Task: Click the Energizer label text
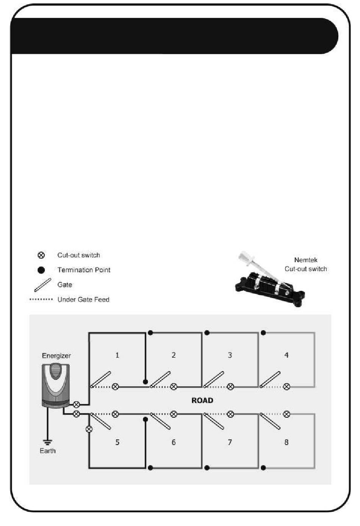click(56, 355)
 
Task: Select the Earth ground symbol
click(47, 441)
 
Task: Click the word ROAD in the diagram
click(202, 401)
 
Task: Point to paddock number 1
click(117, 355)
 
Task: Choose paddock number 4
click(286, 355)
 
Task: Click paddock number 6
click(174, 442)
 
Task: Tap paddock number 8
click(286, 442)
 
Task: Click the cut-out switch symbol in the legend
click(41, 255)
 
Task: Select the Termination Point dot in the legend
click(41, 270)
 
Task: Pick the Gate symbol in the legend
click(42, 285)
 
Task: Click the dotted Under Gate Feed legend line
click(41, 299)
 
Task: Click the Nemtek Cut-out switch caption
click(305, 265)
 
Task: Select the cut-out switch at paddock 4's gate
click(287, 387)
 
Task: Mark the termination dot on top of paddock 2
click(150, 333)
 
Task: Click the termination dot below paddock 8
click(263, 468)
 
